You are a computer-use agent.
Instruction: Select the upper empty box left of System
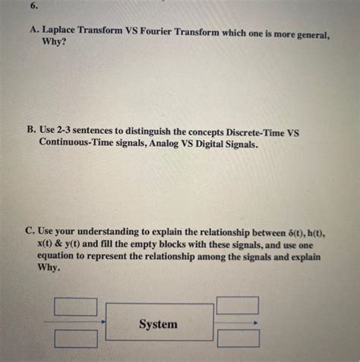pyautogui.click(x=76, y=306)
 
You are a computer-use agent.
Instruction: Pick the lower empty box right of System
pyautogui.click(x=238, y=338)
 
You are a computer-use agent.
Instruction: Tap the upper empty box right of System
pyautogui.click(x=238, y=305)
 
